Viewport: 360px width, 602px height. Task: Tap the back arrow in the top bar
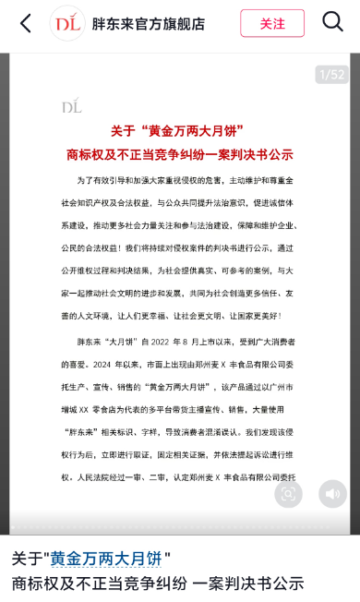(x=25, y=23)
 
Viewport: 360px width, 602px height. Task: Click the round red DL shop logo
(x=67, y=23)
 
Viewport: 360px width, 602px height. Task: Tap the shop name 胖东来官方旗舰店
(x=149, y=24)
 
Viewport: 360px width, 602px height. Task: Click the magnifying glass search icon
(x=332, y=22)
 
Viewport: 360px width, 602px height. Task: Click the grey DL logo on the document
(x=71, y=106)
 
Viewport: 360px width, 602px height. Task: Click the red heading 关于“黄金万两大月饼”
(x=179, y=131)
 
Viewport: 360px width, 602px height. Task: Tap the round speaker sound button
(x=332, y=494)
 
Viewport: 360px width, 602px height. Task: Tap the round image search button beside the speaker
(x=288, y=494)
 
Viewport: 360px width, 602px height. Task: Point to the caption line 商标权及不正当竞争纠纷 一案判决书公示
(x=158, y=583)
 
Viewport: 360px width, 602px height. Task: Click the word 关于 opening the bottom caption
(x=27, y=559)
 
